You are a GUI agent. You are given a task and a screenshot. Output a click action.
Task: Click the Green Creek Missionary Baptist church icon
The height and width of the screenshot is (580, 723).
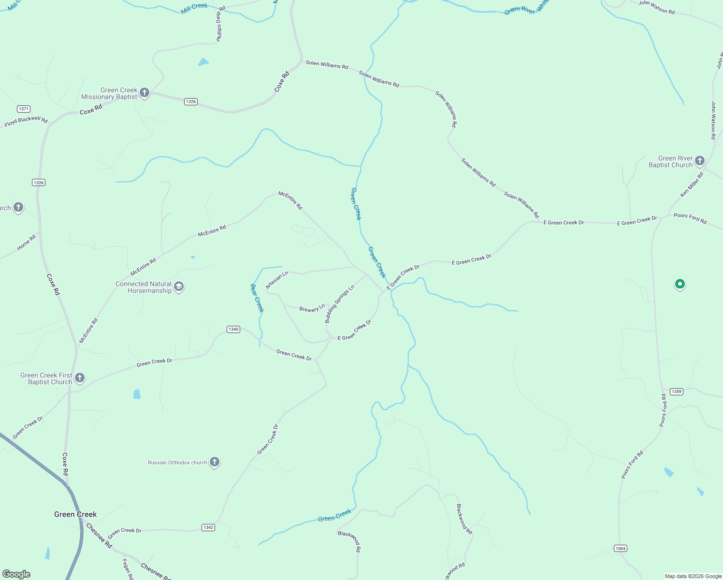[x=144, y=92]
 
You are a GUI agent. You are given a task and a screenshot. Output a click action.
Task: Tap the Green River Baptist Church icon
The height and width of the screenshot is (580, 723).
[x=699, y=160]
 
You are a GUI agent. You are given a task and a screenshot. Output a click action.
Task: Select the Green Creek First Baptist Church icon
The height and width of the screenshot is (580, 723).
[x=80, y=377]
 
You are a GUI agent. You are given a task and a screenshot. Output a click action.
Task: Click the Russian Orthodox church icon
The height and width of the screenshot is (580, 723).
[x=215, y=462]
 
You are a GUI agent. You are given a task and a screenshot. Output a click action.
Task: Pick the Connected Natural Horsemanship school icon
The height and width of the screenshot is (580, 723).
[x=179, y=287]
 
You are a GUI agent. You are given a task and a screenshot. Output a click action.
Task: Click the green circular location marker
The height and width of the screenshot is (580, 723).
[x=680, y=284]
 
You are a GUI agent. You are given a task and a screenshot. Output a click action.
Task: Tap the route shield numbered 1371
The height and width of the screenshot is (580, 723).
[x=23, y=109]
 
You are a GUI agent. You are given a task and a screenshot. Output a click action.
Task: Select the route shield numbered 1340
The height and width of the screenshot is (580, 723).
[x=233, y=329]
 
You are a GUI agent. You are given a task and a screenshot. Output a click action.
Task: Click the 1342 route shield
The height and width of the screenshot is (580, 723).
[x=208, y=527]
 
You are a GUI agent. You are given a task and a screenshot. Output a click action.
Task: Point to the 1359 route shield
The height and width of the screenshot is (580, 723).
[x=677, y=391]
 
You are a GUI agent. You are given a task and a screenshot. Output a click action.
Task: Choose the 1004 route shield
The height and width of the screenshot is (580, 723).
[x=621, y=548]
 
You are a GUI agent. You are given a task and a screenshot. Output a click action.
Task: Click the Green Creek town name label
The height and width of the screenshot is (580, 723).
[x=75, y=514]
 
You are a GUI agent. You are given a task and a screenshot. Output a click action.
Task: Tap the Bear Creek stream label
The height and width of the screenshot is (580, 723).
[x=257, y=298]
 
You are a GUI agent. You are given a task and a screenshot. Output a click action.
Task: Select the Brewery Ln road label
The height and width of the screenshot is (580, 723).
[x=312, y=308]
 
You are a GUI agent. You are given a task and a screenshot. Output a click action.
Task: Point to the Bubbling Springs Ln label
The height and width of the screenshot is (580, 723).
[x=339, y=304]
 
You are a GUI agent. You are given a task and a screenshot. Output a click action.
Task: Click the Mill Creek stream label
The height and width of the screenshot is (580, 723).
[x=194, y=8]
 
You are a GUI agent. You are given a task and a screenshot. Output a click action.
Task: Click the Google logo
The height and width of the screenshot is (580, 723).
[x=16, y=574]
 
